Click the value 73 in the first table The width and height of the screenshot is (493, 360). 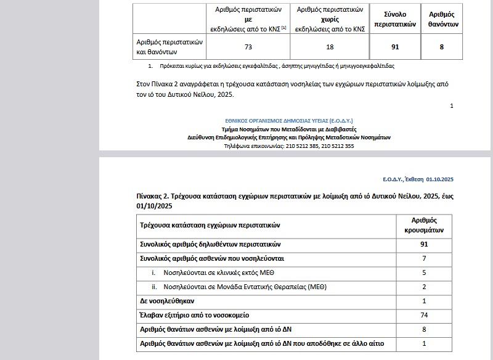click(248, 46)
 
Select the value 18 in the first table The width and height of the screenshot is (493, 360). click(329, 46)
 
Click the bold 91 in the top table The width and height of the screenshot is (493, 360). click(394, 46)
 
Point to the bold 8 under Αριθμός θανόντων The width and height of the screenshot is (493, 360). click(441, 46)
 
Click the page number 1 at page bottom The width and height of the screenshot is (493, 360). click(452, 106)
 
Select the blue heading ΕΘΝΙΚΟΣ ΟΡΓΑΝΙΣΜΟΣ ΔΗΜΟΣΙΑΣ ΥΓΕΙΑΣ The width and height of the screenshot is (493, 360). click(289, 121)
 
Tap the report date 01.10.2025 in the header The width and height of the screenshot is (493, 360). click(439, 179)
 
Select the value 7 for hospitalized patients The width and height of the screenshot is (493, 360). click(424, 258)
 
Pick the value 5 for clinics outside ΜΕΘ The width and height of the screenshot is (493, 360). click(424, 272)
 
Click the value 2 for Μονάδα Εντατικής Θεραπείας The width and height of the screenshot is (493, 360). click(424, 287)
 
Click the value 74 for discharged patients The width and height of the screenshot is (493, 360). click(424, 315)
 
